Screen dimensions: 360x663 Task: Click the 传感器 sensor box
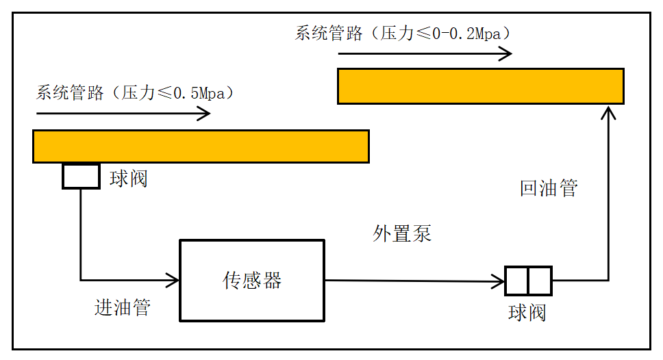(x=251, y=280)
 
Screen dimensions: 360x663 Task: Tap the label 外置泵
(x=402, y=233)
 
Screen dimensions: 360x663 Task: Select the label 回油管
(x=549, y=188)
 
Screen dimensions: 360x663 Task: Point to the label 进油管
(x=122, y=307)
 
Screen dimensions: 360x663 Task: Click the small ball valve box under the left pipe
(x=81, y=177)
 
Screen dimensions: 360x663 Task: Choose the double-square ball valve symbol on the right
(x=528, y=280)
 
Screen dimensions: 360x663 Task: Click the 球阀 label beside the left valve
(x=129, y=179)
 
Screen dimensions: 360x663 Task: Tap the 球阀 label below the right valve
(x=527, y=313)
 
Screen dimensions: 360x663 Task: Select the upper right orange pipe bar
(x=480, y=86)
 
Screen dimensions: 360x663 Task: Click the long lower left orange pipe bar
(x=201, y=146)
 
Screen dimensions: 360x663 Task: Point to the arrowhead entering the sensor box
(x=174, y=279)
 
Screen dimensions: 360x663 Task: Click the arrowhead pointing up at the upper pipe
(x=608, y=111)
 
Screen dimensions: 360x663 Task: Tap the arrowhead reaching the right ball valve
(x=500, y=280)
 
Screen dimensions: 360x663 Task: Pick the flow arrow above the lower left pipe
(x=123, y=114)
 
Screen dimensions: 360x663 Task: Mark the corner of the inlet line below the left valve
(x=81, y=279)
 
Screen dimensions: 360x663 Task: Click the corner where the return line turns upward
(x=608, y=280)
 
